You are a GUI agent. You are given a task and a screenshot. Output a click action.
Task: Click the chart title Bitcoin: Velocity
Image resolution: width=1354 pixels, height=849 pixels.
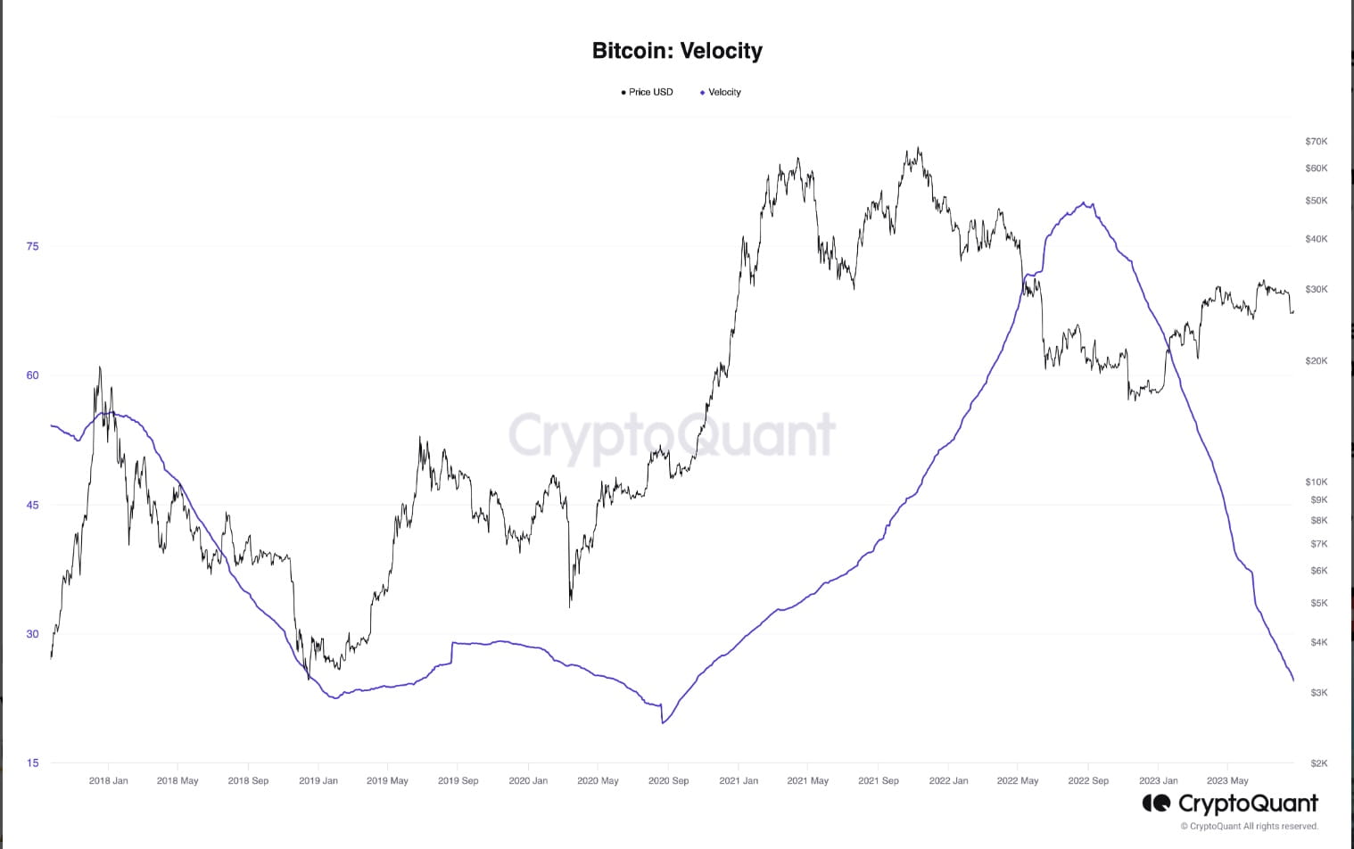677,51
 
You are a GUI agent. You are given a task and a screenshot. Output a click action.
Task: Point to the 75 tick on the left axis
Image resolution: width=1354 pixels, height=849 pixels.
33,246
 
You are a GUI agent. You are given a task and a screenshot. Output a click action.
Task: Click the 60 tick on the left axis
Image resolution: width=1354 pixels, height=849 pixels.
33,375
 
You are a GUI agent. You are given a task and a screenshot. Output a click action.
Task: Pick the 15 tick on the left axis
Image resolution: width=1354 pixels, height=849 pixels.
33,762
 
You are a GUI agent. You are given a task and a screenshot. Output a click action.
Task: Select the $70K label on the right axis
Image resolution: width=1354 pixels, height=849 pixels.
1316,141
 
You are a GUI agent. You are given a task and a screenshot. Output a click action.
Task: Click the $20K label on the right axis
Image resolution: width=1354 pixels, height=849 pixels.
1316,360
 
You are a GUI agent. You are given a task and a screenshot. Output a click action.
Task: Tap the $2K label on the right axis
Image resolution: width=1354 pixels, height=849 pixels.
1318,762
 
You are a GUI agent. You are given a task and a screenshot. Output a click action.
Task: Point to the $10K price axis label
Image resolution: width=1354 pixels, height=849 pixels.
1316,482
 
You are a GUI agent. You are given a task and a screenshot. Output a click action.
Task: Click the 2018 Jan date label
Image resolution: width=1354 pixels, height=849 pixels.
109,780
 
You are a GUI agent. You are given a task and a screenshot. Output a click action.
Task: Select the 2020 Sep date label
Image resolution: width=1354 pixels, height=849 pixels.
668,780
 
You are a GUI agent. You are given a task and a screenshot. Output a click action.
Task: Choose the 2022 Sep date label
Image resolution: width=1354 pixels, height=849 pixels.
1088,780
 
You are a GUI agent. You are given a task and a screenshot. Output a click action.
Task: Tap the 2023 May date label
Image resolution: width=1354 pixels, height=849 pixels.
1227,780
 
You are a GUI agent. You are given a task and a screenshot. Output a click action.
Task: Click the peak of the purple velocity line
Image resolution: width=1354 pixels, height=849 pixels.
1084,202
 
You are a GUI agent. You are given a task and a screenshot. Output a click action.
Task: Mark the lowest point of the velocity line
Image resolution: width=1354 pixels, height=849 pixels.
663,722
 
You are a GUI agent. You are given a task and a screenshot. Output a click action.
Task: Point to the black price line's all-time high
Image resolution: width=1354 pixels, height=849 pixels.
918,148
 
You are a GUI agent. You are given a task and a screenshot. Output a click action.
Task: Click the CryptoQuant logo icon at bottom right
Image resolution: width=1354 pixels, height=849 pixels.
1156,804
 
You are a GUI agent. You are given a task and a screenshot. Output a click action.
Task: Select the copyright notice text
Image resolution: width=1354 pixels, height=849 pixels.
1249,827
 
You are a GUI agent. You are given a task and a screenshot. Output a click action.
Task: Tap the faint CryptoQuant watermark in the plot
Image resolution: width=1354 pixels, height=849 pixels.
672,435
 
